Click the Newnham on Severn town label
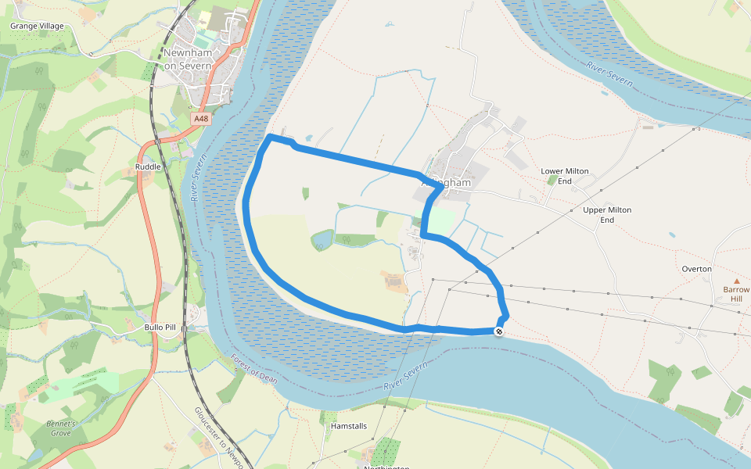(188, 59)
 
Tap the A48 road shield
(202, 119)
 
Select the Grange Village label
(37, 26)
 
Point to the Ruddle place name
(148, 166)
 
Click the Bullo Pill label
(160, 327)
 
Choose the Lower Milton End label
(565, 176)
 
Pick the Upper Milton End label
(607, 215)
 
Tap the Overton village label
(696, 269)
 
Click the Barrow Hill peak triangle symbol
(736, 281)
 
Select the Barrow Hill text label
(735, 294)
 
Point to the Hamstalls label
(349, 427)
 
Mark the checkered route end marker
(499, 331)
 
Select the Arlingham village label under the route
(447, 183)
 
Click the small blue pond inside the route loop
(322, 239)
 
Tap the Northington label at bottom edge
(386, 467)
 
